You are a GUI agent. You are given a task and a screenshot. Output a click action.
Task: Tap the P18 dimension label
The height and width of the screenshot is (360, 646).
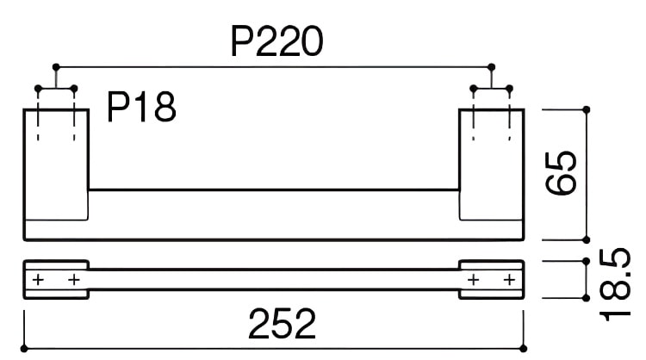(141, 108)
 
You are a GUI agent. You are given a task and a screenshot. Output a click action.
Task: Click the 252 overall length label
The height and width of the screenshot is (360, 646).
(283, 324)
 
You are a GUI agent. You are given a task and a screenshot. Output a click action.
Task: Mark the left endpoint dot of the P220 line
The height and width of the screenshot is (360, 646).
(55, 66)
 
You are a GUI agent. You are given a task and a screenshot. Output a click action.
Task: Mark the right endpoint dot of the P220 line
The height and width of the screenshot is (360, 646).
(491, 66)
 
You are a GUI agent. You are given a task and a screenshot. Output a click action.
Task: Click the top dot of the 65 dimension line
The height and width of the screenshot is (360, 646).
(587, 109)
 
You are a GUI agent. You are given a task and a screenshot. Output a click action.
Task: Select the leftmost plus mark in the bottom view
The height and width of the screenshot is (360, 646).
(37, 281)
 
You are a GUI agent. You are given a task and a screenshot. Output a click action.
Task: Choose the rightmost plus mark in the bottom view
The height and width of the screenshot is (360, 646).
(509, 281)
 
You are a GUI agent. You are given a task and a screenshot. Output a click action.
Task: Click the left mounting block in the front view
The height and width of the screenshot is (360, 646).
(55, 164)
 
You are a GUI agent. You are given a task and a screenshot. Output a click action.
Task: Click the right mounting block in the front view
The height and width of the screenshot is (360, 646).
(491, 164)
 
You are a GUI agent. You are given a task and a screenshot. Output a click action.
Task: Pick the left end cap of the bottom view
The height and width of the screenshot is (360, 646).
(55, 280)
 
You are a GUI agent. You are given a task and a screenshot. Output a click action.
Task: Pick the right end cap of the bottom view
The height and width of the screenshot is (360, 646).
(491, 280)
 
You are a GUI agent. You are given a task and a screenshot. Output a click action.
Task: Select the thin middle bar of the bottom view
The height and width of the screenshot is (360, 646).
(274, 281)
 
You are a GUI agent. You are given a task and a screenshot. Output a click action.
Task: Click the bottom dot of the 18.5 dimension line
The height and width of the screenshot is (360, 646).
(587, 298)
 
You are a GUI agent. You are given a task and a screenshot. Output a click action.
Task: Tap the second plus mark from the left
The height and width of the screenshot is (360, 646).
(73, 281)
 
